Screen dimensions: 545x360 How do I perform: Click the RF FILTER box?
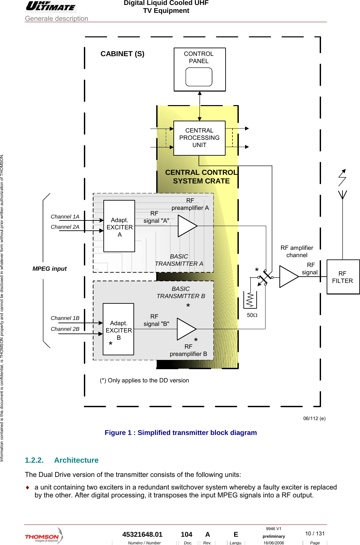point(343,277)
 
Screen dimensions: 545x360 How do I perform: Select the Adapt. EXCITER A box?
point(119,226)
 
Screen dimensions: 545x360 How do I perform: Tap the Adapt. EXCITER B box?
point(118,329)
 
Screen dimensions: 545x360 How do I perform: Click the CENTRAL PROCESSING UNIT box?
point(199,138)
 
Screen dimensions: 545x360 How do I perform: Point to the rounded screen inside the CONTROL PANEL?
point(199,77)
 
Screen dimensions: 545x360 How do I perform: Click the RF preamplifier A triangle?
point(186,226)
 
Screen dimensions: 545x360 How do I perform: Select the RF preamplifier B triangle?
point(185,329)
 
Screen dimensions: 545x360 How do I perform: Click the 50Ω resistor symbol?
point(250,300)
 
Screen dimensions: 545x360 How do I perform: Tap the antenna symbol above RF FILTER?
point(342,194)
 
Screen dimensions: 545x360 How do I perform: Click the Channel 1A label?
point(65,216)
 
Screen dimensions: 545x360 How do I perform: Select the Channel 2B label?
point(65,329)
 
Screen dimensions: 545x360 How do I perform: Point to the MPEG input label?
point(50,269)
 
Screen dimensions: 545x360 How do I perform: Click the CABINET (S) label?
point(122,54)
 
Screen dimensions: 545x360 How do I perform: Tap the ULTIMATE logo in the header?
point(51,6)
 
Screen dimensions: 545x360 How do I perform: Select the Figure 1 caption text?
point(181,433)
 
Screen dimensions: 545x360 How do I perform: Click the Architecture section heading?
point(76,460)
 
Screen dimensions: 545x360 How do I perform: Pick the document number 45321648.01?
point(142,534)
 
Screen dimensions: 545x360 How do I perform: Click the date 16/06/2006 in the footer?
point(273,543)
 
